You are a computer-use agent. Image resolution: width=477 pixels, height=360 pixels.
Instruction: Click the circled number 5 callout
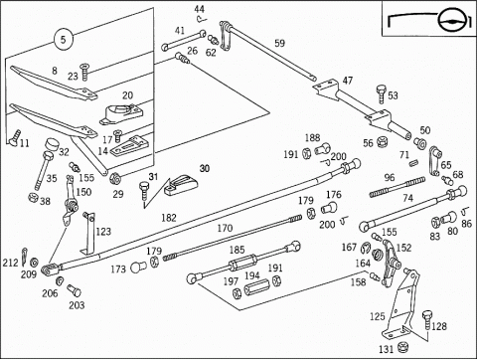(63, 40)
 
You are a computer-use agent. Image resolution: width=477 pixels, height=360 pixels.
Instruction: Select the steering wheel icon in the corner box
(451, 21)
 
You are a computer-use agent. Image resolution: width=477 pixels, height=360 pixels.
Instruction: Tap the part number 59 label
(279, 43)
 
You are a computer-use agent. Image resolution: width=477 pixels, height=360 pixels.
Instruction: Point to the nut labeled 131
(402, 347)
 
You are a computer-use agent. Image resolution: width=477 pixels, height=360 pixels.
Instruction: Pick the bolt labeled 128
(427, 319)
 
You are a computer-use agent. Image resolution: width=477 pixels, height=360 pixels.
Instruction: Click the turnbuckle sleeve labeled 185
(243, 262)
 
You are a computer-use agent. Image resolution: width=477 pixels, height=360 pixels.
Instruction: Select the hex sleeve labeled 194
(257, 286)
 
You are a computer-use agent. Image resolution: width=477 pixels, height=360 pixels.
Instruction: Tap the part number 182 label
(169, 218)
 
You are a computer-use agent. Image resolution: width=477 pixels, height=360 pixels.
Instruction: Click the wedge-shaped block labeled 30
(182, 186)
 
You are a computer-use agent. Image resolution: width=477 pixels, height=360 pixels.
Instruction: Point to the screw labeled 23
(85, 72)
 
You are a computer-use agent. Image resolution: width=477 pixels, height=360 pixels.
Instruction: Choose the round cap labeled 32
(52, 144)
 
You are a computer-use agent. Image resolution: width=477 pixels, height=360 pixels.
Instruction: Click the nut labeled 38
(33, 198)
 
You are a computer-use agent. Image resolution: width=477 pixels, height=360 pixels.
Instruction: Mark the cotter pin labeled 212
(25, 257)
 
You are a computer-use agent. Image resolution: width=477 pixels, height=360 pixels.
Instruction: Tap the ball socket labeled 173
(138, 268)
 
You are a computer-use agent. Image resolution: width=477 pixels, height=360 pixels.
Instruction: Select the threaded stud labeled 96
(397, 187)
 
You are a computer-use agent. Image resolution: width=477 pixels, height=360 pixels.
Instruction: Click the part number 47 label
(348, 81)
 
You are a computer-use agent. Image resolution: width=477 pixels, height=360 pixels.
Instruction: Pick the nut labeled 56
(382, 141)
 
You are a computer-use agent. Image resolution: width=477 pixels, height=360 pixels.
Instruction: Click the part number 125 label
(378, 316)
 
